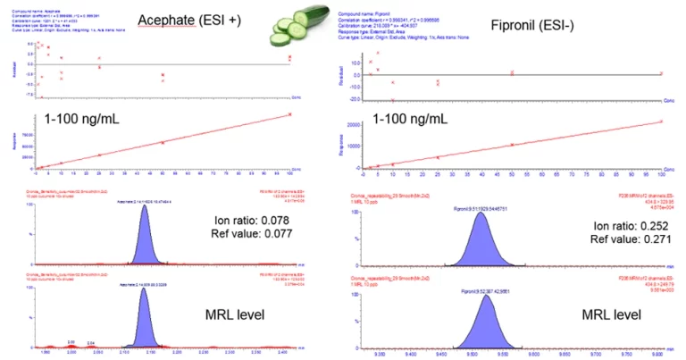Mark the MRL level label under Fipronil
610,314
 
